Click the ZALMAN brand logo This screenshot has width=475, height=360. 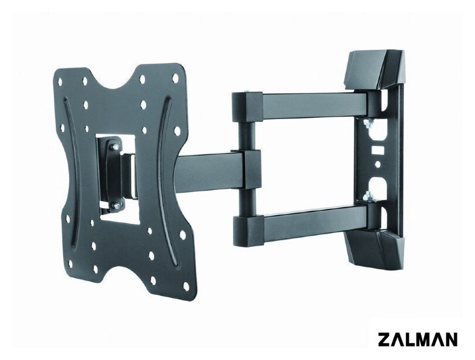418,339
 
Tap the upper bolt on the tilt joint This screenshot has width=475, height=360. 114,147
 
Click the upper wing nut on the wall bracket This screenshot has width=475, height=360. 369,123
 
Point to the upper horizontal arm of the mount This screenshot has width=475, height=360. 315,104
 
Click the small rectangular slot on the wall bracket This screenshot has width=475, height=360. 378,150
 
